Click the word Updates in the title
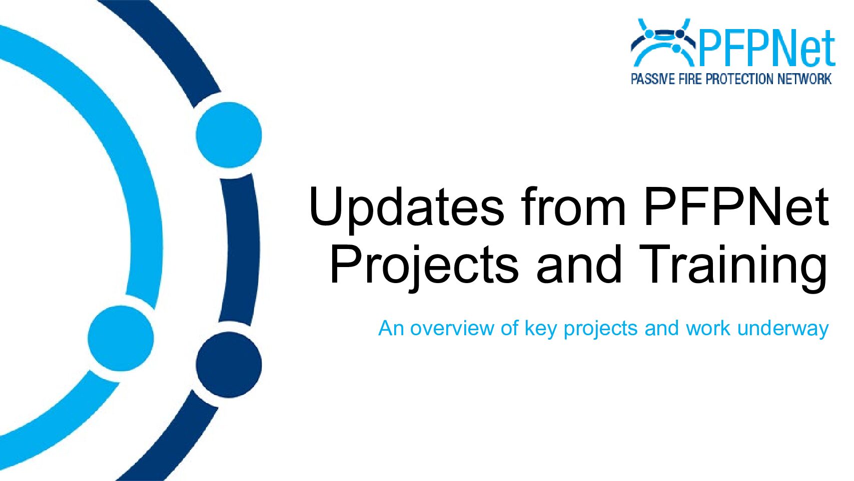[406, 209]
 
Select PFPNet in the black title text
[736, 207]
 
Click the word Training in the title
[733, 267]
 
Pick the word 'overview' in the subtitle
[452, 328]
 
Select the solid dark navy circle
[229, 365]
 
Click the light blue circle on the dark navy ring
[229, 135]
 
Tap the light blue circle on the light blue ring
[121, 338]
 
